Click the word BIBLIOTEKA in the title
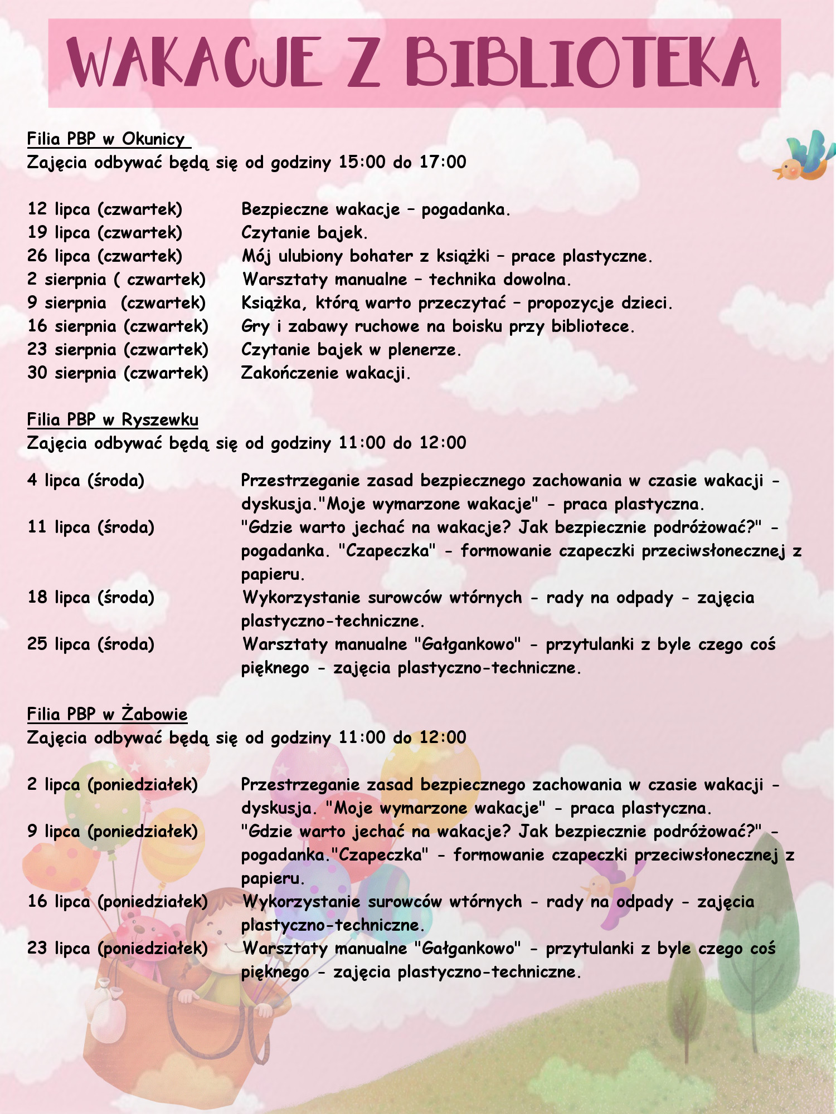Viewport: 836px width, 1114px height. click(x=582, y=62)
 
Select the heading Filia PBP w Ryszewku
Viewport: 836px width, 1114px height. click(x=113, y=419)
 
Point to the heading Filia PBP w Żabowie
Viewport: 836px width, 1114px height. click(x=107, y=714)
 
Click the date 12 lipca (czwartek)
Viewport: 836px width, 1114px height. click(x=105, y=209)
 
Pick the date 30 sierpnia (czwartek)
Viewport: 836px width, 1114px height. click(x=118, y=373)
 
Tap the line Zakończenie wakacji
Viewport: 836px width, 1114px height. click(x=325, y=373)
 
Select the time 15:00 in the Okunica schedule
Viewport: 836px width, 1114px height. click(x=362, y=162)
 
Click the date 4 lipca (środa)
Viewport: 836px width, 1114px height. click(x=86, y=480)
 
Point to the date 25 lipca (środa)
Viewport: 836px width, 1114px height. click(x=91, y=644)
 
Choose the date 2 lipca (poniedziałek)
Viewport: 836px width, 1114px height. click(x=113, y=784)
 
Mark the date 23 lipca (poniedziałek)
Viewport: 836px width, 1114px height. click(x=118, y=948)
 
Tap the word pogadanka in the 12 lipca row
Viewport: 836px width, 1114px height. click(x=465, y=209)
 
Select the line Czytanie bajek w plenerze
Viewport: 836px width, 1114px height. click(x=351, y=350)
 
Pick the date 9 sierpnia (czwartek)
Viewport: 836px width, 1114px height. click(x=116, y=303)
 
